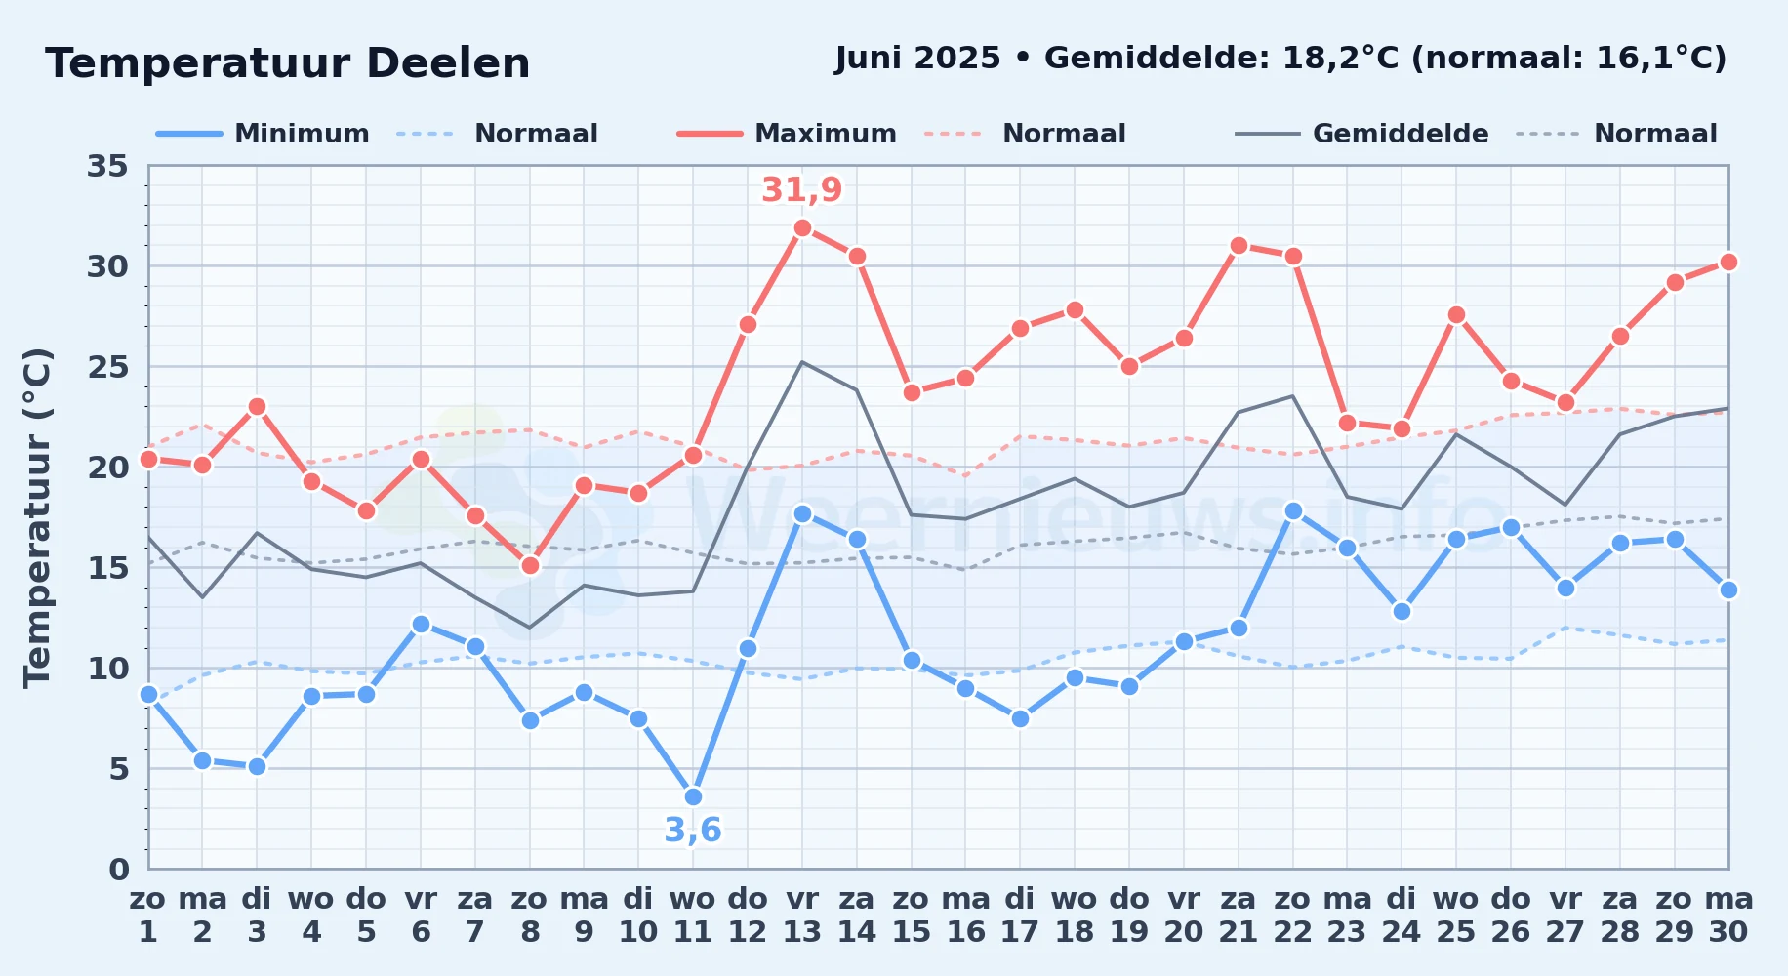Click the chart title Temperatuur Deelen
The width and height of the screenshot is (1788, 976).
click(288, 63)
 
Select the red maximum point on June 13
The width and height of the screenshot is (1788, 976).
click(802, 227)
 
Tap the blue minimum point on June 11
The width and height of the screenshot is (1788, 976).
click(693, 796)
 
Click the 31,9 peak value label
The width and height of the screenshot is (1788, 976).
click(801, 189)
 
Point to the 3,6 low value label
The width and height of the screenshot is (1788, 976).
click(693, 831)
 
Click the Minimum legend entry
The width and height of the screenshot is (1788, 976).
click(264, 134)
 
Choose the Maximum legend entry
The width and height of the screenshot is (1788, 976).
click(787, 134)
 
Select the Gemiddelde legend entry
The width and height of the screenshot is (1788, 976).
click(1362, 134)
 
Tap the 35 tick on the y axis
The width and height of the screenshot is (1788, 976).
click(107, 166)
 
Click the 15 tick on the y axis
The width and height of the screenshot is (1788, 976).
click(107, 568)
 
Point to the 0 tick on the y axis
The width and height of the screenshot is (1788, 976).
click(118, 870)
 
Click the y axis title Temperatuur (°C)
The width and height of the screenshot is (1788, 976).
click(37, 517)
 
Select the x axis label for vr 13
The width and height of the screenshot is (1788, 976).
click(802, 915)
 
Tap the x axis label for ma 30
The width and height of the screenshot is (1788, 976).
click(1728, 915)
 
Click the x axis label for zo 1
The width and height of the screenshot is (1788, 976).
click(148, 915)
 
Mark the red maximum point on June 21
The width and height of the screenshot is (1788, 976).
click(1239, 245)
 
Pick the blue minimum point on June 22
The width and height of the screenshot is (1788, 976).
click(1293, 510)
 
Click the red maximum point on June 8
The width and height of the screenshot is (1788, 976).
click(530, 565)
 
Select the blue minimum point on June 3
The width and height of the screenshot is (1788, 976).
click(257, 766)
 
